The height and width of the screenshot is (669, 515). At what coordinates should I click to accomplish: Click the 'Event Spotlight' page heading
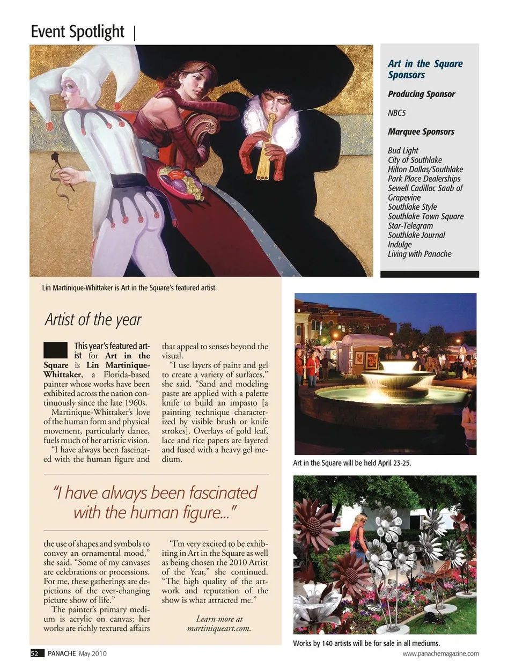[77, 32]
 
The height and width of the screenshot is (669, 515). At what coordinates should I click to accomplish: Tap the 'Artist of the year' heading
[93, 320]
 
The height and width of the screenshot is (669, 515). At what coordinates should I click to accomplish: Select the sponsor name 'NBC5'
[396, 113]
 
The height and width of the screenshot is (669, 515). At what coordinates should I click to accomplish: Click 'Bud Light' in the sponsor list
[403, 151]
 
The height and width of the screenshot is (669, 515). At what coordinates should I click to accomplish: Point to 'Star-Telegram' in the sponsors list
[410, 226]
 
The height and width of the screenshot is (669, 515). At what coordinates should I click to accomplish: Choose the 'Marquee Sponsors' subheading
[421, 132]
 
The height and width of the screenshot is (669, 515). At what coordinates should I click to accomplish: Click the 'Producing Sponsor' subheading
[421, 94]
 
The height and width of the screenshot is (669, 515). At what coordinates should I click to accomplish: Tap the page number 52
[35, 653]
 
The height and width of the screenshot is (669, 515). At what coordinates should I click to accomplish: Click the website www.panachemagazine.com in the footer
[440, 653]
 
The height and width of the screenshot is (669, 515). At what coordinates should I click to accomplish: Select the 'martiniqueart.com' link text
[219, 628]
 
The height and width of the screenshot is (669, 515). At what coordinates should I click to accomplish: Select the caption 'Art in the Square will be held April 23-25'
[352, 463]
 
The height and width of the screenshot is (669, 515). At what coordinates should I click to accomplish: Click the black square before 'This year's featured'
[55, 350]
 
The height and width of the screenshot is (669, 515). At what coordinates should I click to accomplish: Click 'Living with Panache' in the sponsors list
[420, 254]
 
